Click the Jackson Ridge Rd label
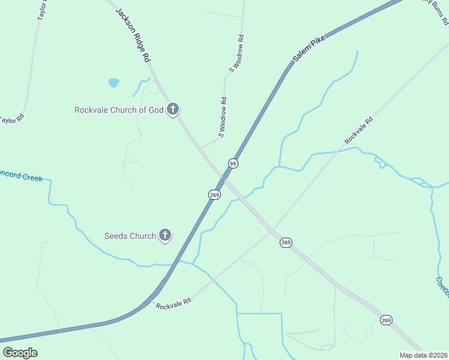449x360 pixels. (132, 36)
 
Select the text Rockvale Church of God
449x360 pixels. (119, 110)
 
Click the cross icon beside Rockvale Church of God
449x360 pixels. (173, 109)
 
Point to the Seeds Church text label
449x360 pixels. (130, 236)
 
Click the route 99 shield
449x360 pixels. (233, 163)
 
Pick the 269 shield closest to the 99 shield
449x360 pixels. (215, 195)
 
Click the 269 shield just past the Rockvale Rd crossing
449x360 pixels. (286, 242)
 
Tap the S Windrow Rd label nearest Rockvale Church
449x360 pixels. (223, 118)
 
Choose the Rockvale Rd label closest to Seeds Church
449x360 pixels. (173, 303)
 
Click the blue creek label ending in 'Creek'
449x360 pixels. (22, 175)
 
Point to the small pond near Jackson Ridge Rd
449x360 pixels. (113, 83)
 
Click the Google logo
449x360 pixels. (20, 353)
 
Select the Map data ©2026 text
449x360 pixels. (424, 355)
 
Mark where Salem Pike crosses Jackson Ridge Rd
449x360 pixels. (223, 178)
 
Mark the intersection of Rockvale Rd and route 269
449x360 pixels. (271, 231)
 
